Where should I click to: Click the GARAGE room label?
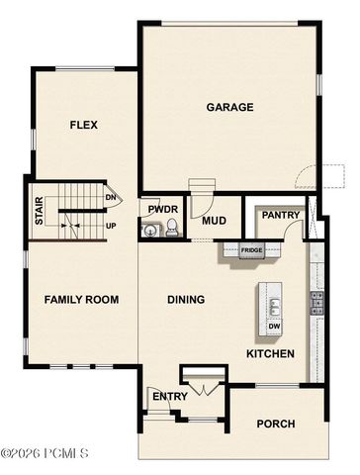coord(229,107)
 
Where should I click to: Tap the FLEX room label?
coord(84,125)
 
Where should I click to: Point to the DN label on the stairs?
coord(112,197)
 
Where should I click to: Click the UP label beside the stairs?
coord(112,226)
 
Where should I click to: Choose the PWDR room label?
coord(162,210)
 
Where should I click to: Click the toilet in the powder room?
coord(171,231)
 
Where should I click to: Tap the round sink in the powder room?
coord(150,232)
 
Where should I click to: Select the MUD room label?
coord(215,221)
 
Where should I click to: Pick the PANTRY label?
coord(280,215)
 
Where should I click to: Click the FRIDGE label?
coord(252,250)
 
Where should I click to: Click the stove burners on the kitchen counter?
coord(316,301)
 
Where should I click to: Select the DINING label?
coord(185,300)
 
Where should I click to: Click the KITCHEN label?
coord(269,353)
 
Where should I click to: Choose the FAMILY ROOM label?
coord(81,299)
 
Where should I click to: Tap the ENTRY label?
coord(162,397)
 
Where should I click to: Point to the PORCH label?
coord(275,424)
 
